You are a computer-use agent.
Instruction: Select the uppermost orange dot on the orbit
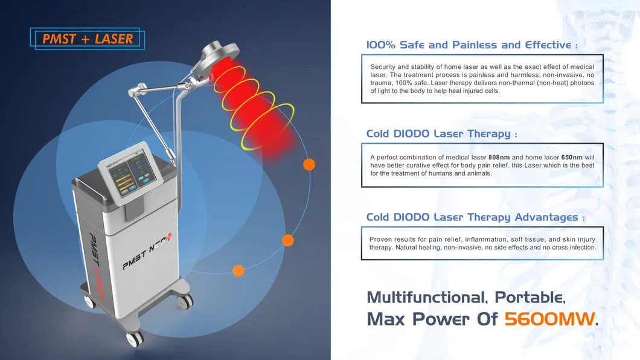309,164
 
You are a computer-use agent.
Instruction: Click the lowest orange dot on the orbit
238,270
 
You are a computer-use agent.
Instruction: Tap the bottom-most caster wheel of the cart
136,339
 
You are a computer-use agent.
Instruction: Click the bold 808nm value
499,158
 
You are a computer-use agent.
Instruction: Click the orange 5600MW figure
549,319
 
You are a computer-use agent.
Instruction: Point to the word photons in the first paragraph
580,83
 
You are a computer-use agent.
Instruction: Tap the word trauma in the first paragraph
382,83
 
